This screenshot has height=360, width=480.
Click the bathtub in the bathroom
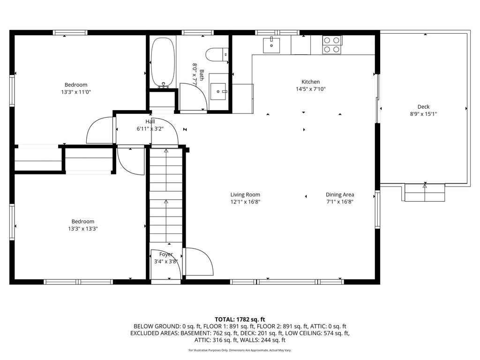(x=163, y=63)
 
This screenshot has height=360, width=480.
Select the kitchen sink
(x=271, y=45)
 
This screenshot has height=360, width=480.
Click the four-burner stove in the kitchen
(x=332, y=45)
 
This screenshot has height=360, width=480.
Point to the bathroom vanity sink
(x=218, y=91)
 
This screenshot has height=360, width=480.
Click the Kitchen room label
(x=311, y=82)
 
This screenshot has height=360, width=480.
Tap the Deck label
(x=423, y=107)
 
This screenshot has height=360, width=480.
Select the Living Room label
(x=245, y=195)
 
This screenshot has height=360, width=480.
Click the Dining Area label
(x=340, y=195)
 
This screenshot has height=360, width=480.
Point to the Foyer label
(x=166, y=255)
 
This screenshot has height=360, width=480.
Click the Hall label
(x=150, y=121)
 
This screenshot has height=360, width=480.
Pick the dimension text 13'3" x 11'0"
(x=76, y=92)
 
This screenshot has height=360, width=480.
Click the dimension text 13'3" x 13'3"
(x=82, y=228)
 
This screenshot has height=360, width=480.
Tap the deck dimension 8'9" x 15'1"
(x=423, y=114)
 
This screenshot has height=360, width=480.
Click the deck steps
(x=425, y=193)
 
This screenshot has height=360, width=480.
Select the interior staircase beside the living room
(x=166, y=195)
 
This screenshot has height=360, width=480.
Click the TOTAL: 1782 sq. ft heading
(x=240, y=320)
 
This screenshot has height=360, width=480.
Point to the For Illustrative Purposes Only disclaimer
(x=240, y=350)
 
